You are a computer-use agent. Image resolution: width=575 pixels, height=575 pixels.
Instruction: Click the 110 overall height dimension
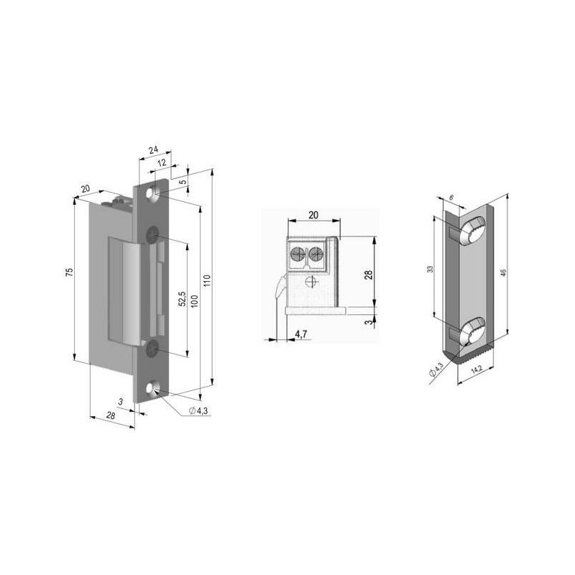(208, 280)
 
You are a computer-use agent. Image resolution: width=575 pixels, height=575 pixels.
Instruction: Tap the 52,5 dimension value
(183, 299)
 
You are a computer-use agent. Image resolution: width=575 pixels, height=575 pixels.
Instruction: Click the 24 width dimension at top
(153, 149)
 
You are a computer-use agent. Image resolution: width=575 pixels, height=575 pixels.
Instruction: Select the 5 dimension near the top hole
(183, 182)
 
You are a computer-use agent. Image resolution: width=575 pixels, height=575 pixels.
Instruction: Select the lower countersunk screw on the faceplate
(152, 349)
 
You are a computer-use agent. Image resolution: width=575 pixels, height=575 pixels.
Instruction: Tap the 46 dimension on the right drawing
(504, 272)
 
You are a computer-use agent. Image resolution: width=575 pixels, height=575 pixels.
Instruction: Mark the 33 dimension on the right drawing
(429, 269)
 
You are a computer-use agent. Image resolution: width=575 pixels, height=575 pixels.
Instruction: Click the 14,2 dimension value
(475, 371)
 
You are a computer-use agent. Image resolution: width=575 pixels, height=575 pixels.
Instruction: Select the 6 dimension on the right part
(451, 195)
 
